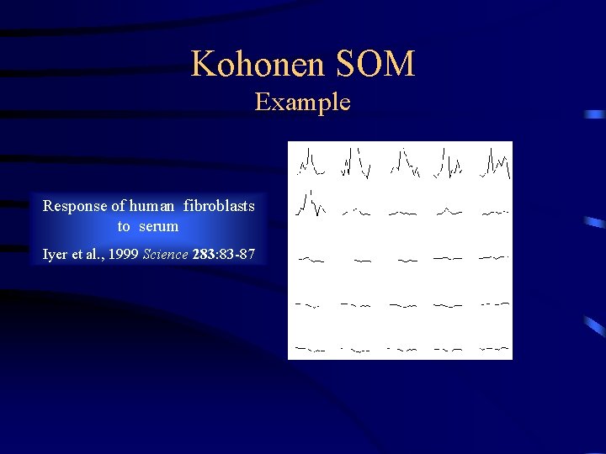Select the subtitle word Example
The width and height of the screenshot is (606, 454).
coord(302,103)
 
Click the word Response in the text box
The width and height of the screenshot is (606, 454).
coord(75,206)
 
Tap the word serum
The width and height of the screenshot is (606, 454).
coord(159,226)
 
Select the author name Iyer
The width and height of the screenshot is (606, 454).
coord(55,254)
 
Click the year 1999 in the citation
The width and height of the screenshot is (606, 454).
coord(123,254)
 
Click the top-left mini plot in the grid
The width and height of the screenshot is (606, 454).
coord(310,162)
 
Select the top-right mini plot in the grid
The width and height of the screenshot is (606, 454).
coord(495,164)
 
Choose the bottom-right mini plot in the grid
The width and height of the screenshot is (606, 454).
coord(494,347)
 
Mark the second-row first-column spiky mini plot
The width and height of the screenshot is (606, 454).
coord(310,204)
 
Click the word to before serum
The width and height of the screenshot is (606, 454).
coord(124,226)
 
